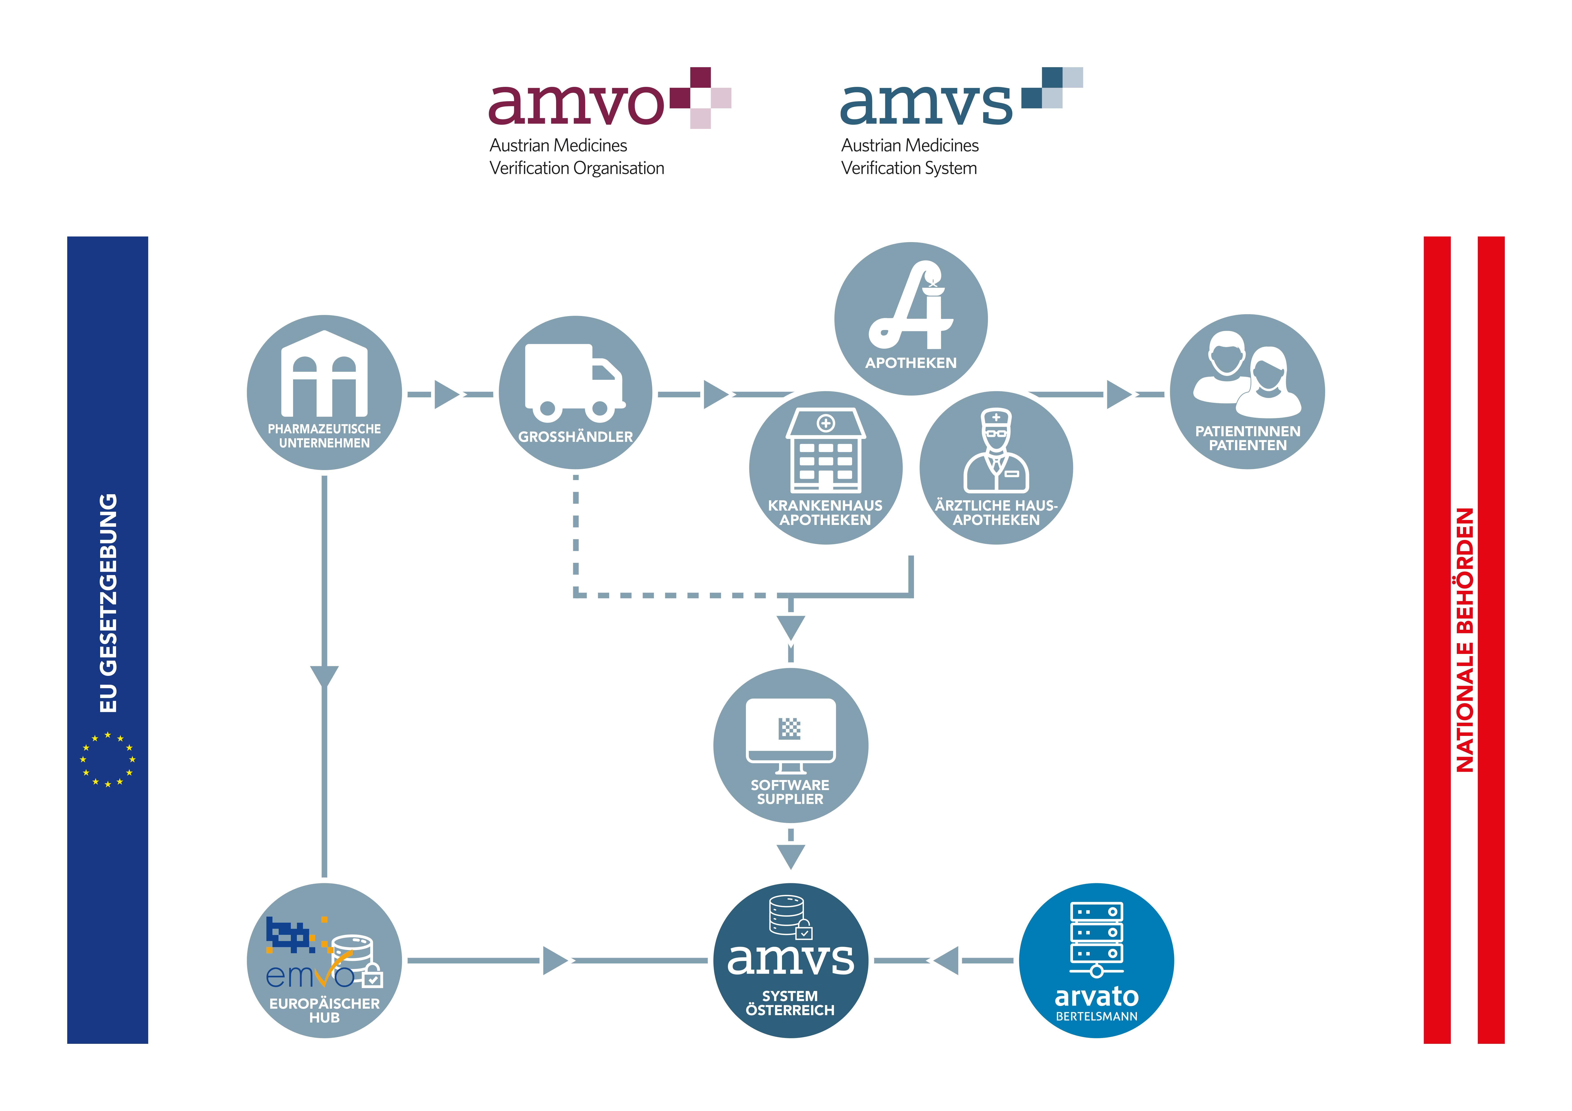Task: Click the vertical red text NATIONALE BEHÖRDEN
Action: [1464, 640]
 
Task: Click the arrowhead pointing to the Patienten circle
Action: [1119, 394]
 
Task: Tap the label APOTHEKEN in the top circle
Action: [911, 363]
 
